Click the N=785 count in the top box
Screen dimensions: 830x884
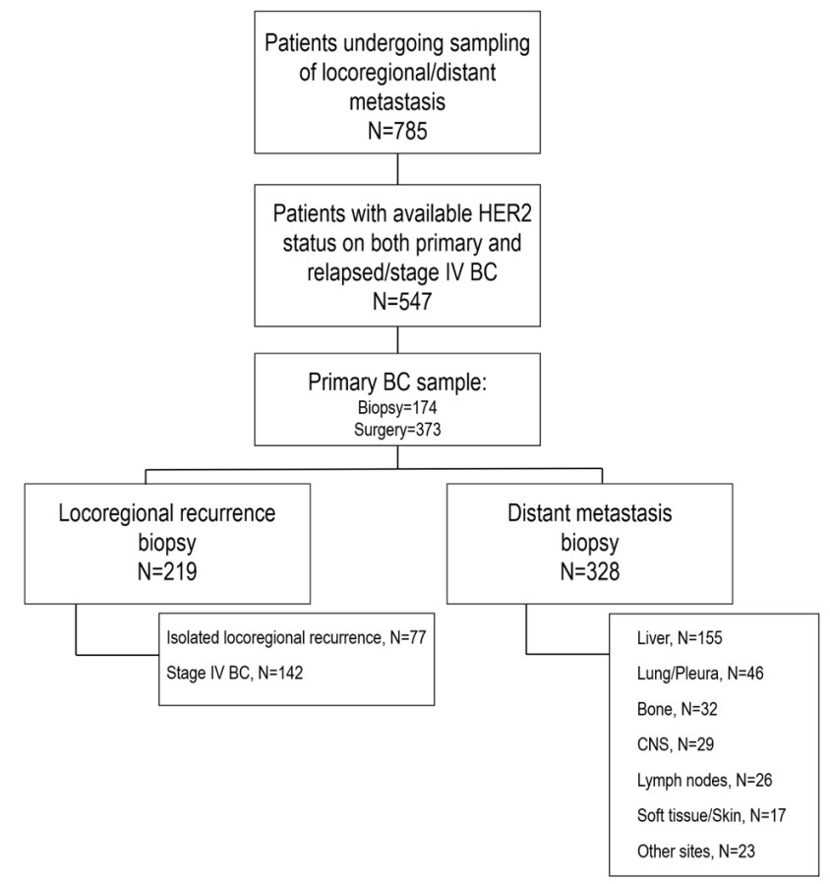397,131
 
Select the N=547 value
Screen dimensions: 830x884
402,301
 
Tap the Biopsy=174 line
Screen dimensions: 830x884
397,408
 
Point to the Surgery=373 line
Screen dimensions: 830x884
397,430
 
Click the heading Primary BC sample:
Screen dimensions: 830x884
397,383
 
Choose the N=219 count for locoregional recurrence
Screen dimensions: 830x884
167,571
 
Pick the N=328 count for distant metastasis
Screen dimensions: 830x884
590,571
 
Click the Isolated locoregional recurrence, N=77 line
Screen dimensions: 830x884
296,637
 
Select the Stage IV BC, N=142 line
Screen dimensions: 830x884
235,673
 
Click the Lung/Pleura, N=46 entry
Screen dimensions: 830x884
700,674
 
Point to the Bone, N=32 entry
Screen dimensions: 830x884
678,709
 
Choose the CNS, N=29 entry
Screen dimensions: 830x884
676,744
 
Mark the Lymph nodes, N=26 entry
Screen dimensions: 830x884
704,781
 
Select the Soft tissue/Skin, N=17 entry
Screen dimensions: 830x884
711,815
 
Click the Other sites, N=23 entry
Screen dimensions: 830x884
696,851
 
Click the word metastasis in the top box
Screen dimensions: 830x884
397,102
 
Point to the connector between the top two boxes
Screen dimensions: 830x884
397,168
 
